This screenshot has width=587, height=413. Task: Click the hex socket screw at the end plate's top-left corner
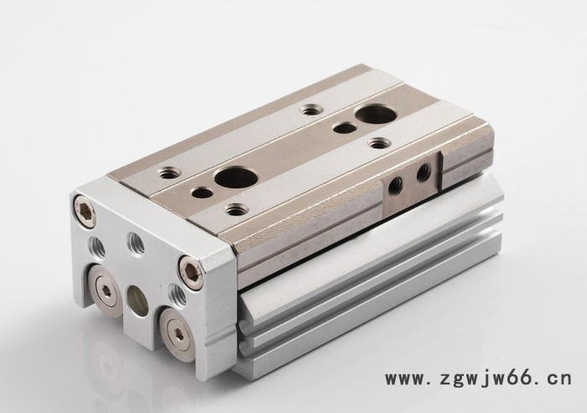click(85, 212)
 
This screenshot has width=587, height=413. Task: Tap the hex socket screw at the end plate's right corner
click(190, 272)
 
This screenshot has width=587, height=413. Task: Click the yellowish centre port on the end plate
click(137, 301)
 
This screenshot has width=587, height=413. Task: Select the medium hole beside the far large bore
click(344, 128)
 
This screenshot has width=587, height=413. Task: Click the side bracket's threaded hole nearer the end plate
click(395, 186)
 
